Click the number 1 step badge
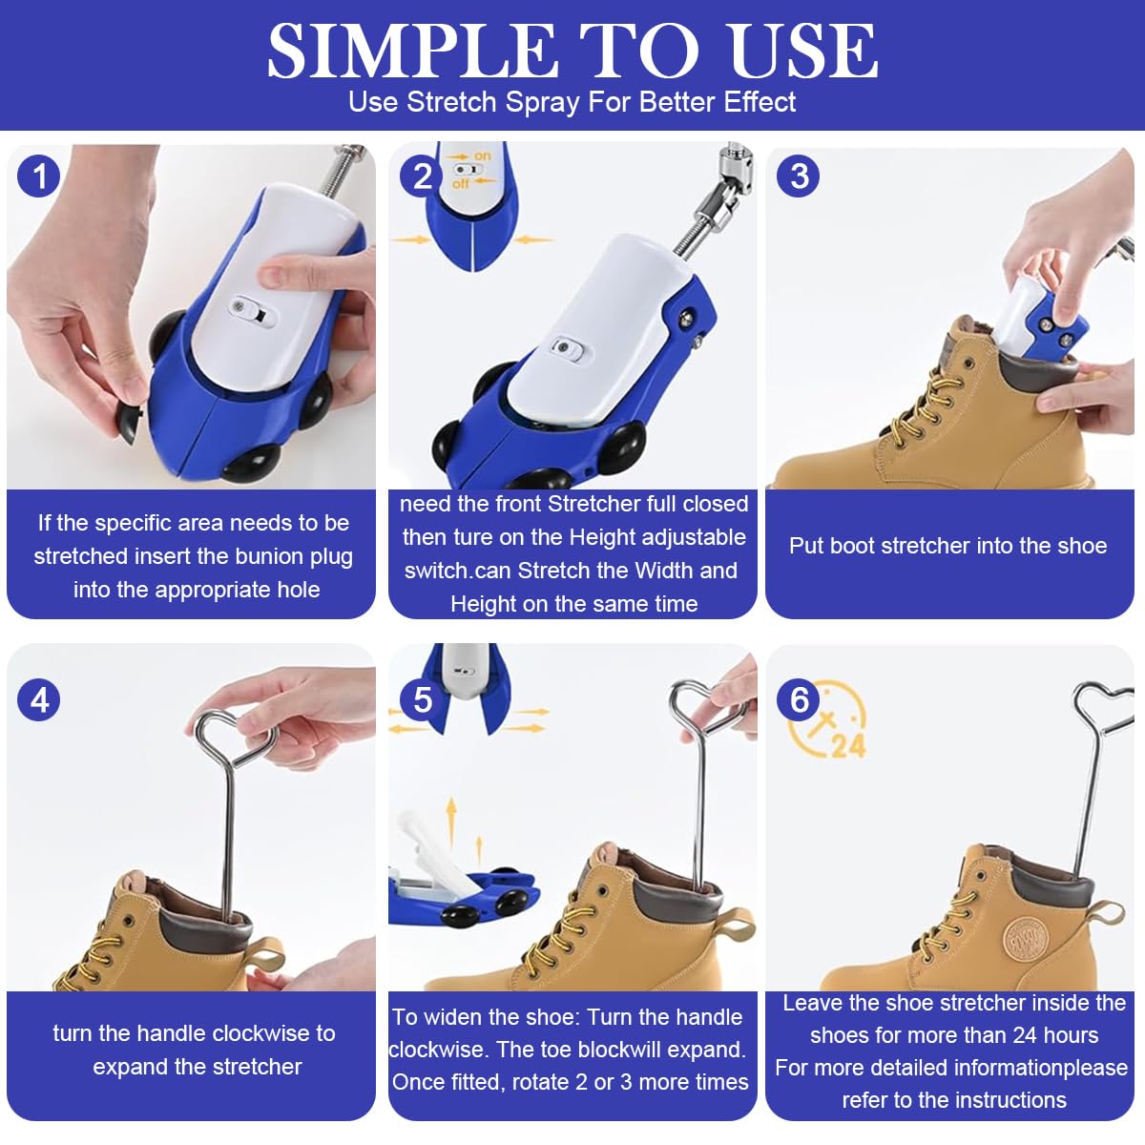[39, 177]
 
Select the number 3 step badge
[800, 177]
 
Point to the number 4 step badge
[39, 701]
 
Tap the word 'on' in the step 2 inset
[483, 156]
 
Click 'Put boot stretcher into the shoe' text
[947, 546]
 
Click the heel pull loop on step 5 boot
[734, 923]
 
